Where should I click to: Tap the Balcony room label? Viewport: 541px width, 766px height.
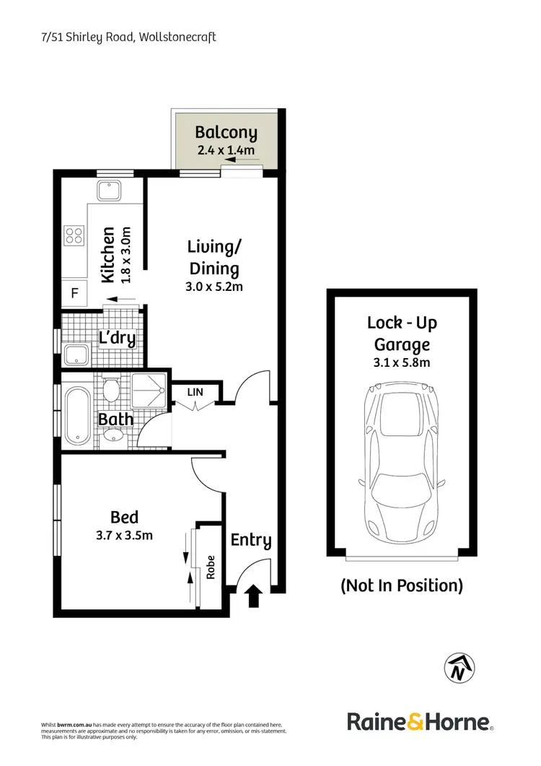[x=226, y=133]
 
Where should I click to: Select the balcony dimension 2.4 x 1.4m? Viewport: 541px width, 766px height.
[x=226, y=150]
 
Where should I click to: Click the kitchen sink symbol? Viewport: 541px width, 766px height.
[x=110, y=191]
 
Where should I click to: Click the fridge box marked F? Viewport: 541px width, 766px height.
[x=74, y=293]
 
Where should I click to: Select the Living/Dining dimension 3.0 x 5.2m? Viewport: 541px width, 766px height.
[x=214, y=287]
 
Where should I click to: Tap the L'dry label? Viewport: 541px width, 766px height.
[x=117, y=339]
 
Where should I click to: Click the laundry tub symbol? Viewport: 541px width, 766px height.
[x=76, y=354]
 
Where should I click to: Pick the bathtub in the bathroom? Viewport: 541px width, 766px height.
[x=77, y=417]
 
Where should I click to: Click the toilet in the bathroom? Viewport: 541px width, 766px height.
[x=110, y=391]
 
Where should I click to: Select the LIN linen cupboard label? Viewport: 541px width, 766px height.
[x=195, y=391]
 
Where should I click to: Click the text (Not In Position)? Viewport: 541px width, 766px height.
[x=402, y=586]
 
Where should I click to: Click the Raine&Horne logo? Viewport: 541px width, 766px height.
[x=420, y=721]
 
